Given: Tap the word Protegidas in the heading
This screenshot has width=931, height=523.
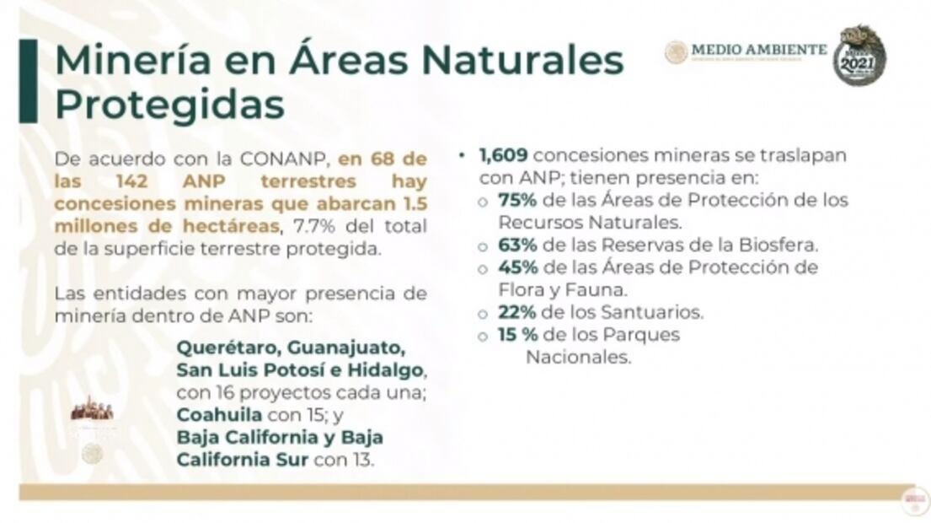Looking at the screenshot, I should [x=169, y=105].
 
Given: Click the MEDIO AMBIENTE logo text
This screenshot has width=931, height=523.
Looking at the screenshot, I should [x=758, y=50].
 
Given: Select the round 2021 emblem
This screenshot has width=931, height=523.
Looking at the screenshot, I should [x=859, y=56].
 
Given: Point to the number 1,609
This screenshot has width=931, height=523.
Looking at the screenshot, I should [x=503, y=157].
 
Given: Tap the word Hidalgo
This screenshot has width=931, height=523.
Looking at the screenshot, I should [x=390, y=371].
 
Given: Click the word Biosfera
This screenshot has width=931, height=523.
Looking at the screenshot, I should [x=780, y=245].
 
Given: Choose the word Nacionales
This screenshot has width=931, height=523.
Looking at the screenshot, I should [x=579, y=357].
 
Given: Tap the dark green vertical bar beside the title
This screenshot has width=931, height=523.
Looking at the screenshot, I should [x=29, y=81].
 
